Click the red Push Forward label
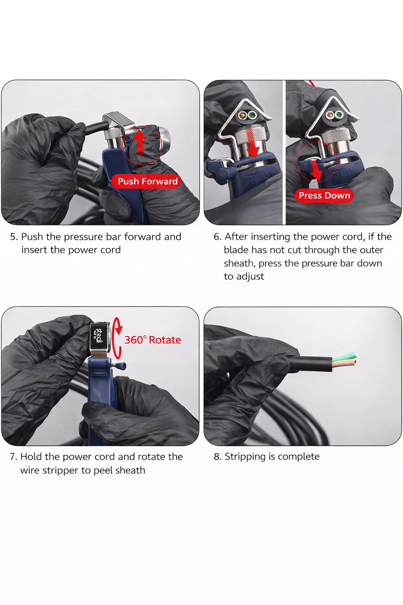(x=148, y=181)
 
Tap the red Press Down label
(x=324, y=195)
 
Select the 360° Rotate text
(x=153, y=340)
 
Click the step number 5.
(x=13, y=237)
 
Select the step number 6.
(x=217, y=237)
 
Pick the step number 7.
(x=13, y=457)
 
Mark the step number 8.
(x=217, y=457)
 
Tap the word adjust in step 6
(x=250, y=277)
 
